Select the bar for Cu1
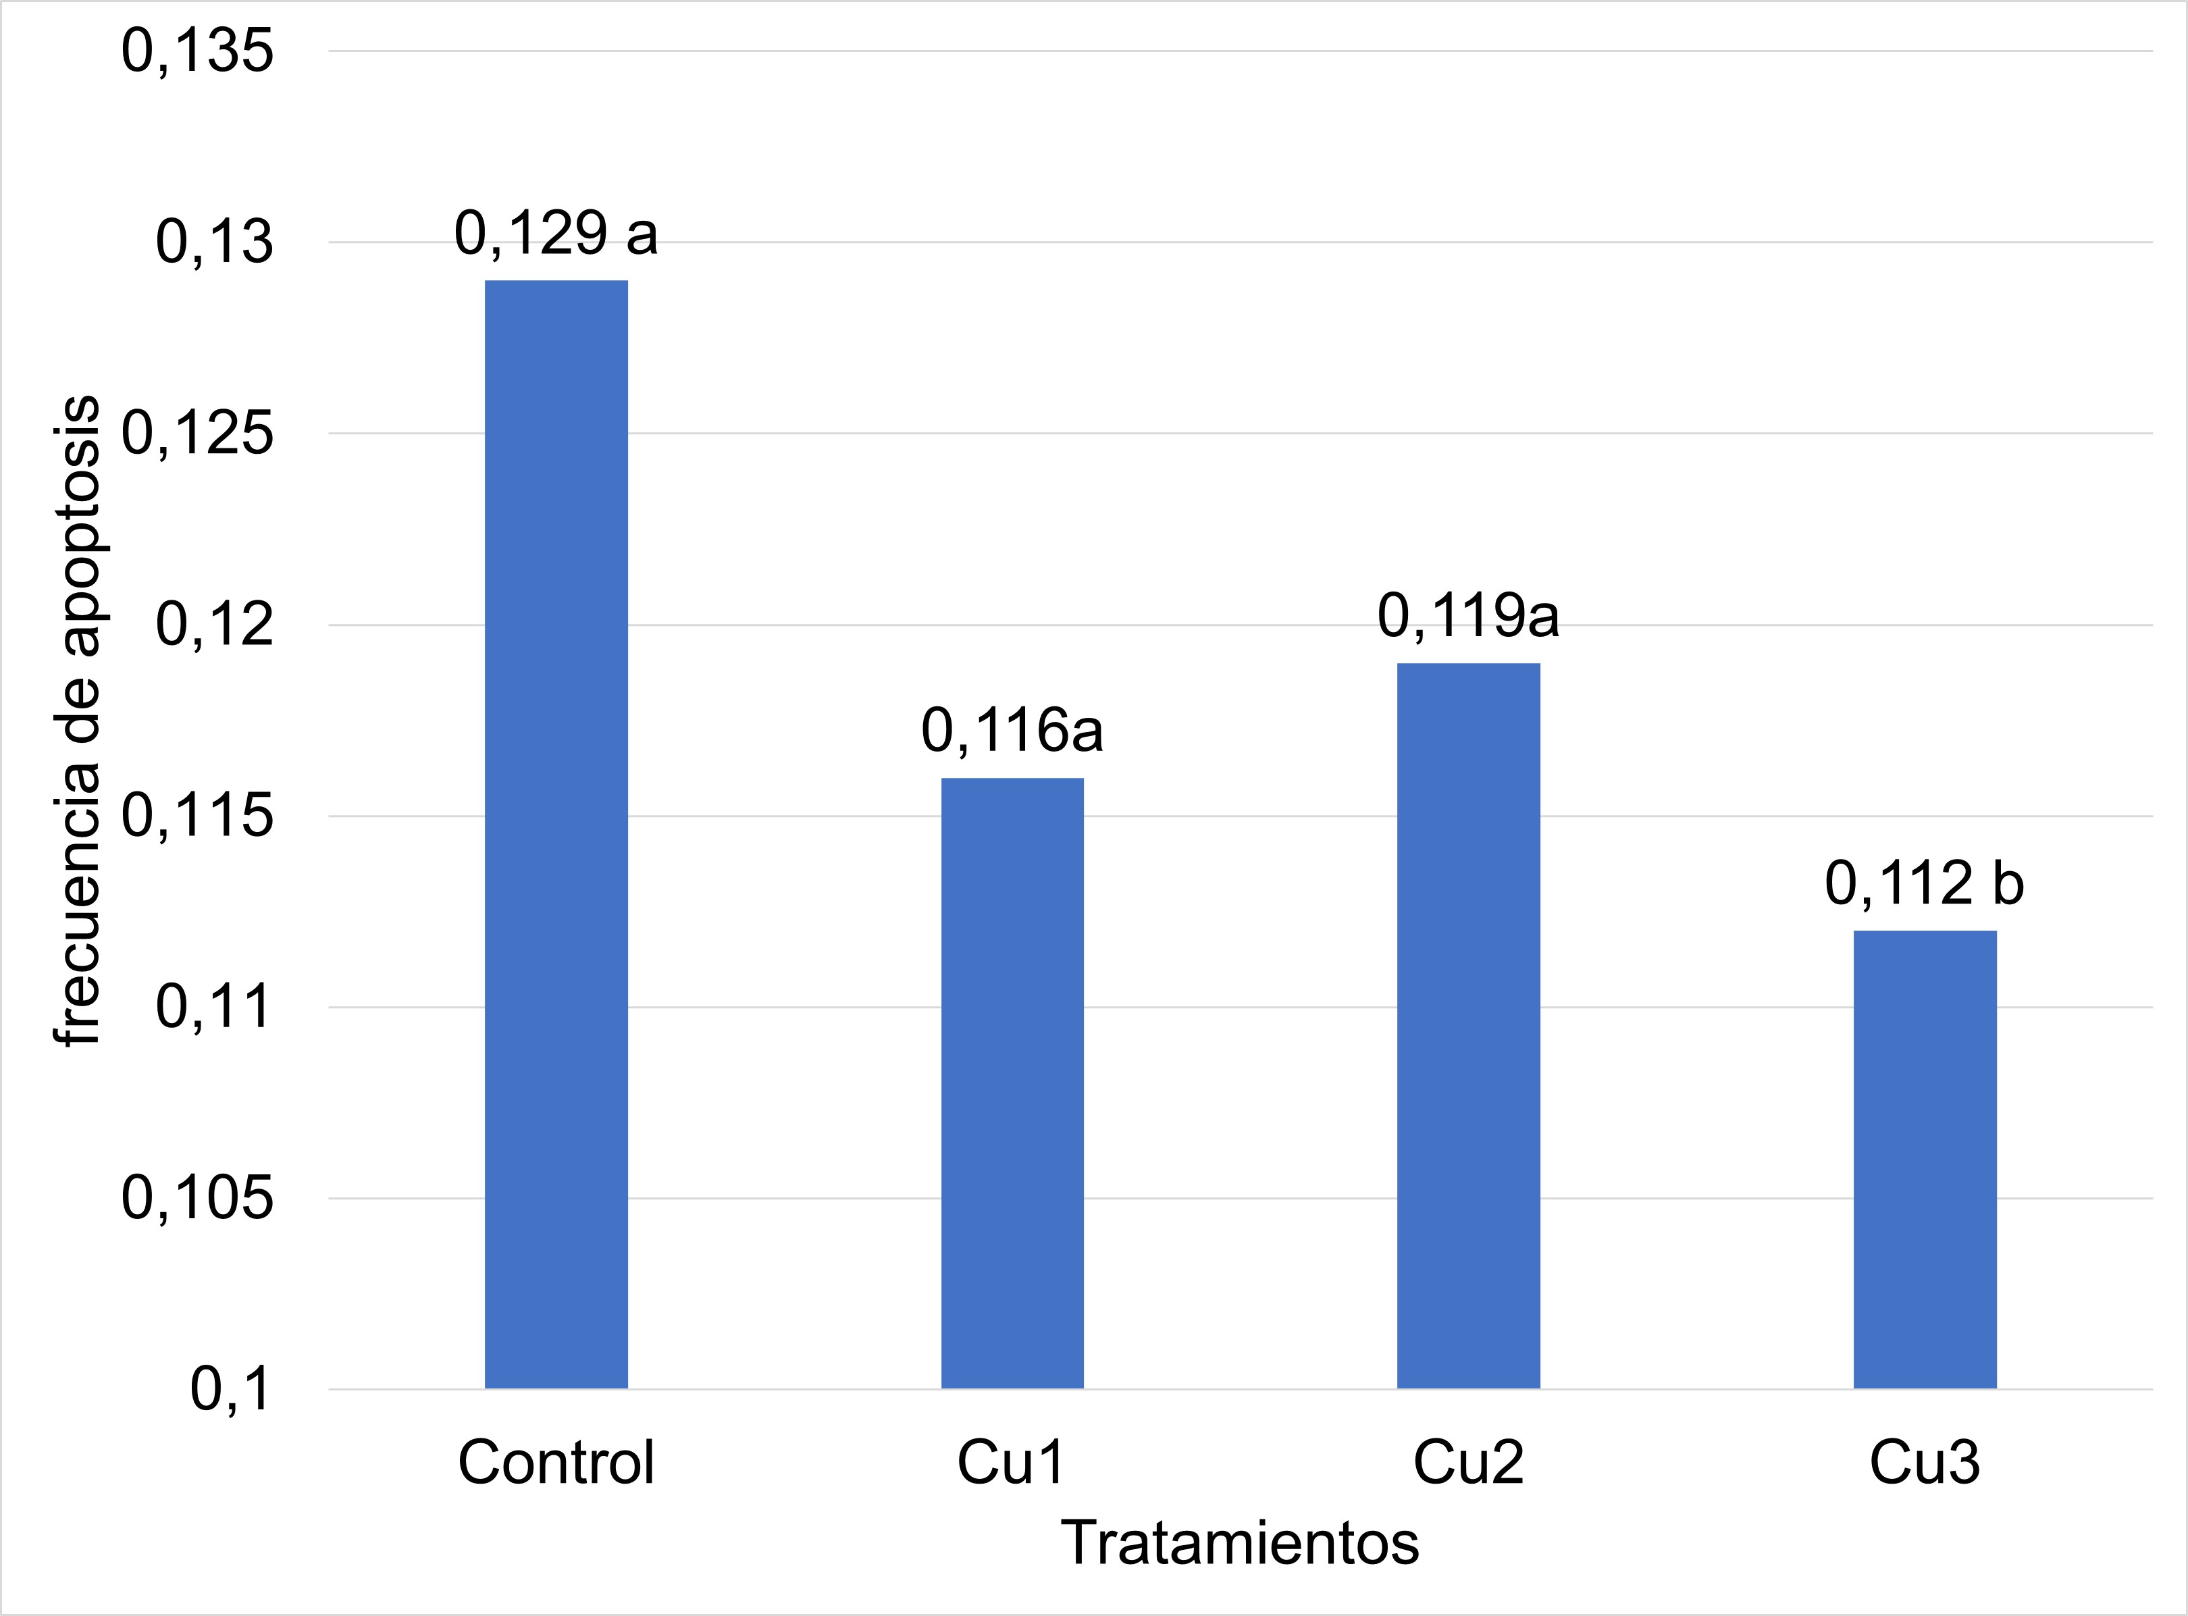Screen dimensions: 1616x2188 tap(1012, 1083)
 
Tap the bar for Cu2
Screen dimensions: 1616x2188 tap(1468, 1025)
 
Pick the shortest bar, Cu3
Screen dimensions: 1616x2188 tap(1924, 1159)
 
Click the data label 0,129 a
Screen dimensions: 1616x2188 tap(556, 234)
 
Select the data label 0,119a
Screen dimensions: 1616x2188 tap(1468, 617)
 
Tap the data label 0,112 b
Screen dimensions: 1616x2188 tap(1924, 884)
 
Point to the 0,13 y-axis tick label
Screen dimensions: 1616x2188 tap(214, 242)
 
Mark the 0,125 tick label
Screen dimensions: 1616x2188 tap(198, 434)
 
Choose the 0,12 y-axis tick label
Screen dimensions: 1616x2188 tap(214, 625)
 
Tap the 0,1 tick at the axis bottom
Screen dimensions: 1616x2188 tap(231, 1389)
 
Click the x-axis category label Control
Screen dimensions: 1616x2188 tap(556, 1463)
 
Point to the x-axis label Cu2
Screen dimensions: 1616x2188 tap(1468, 1463)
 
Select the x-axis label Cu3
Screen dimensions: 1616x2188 tap(1924, 1463)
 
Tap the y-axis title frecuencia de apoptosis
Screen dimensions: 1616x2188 tap(78, 721)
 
